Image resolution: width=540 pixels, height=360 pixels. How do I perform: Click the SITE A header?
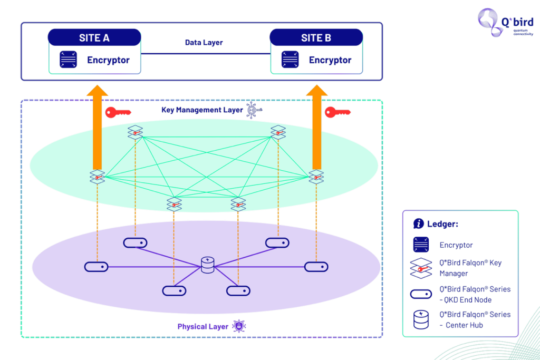click(x=94, y=37)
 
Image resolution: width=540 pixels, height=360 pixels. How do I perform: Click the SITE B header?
click(x=316, y=37)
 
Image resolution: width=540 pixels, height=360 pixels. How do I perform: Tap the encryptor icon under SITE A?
click(x=68, y=60)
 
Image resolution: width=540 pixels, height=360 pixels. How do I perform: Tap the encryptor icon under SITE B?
click(x=290, y=60)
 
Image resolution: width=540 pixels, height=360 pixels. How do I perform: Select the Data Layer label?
click(x=204, y=42)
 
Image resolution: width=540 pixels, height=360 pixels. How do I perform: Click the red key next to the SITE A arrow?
click(x=118, y=112)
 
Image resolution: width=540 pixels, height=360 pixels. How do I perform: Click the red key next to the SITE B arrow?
click(x=337, y=112)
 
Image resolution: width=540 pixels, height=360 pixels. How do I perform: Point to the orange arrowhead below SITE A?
click(x=97, y=90)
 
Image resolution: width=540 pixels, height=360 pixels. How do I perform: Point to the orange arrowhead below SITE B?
click(x=316, y=90)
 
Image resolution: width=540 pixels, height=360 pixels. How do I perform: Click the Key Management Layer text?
click(x=202, y=110)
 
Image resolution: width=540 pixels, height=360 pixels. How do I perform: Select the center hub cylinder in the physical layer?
click(x=208, y=265)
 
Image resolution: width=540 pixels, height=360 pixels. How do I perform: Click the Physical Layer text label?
click(x=203, y=326)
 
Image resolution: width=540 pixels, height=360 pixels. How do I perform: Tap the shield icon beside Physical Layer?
click(x=239, y=326)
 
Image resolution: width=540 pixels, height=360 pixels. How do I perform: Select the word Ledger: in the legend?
click(x=442, y=224)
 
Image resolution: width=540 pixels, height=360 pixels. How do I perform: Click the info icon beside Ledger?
click(x=418, y=223)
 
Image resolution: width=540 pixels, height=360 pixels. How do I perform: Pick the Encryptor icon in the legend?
click(x=421, y=245)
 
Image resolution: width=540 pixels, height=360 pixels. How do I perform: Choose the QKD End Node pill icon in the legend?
click(x=421, y=294)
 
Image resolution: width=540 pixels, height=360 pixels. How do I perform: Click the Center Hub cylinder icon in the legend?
click(x=421, y=319)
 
